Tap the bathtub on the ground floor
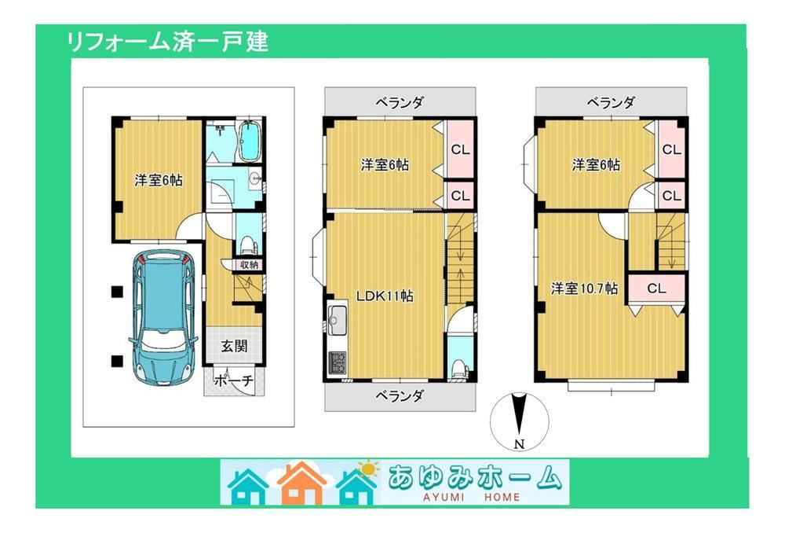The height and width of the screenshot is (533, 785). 248,141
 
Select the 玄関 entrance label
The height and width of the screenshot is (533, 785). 234,345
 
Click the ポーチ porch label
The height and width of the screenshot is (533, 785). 234,380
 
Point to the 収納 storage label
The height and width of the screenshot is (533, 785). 249,265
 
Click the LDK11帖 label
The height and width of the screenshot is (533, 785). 385,296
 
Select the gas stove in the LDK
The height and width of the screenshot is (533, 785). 337,362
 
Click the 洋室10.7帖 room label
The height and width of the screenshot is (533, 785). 584,289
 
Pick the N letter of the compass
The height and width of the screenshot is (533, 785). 519,443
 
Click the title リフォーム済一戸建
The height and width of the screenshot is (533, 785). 167,42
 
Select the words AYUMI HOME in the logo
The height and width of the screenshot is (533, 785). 472,497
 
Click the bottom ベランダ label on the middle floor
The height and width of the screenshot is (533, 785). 400,396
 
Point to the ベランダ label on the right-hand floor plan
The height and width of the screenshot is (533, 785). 611,103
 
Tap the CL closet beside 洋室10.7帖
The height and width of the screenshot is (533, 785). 655,289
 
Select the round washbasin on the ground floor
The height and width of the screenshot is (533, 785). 255,178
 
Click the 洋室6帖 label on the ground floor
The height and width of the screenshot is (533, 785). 159,180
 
